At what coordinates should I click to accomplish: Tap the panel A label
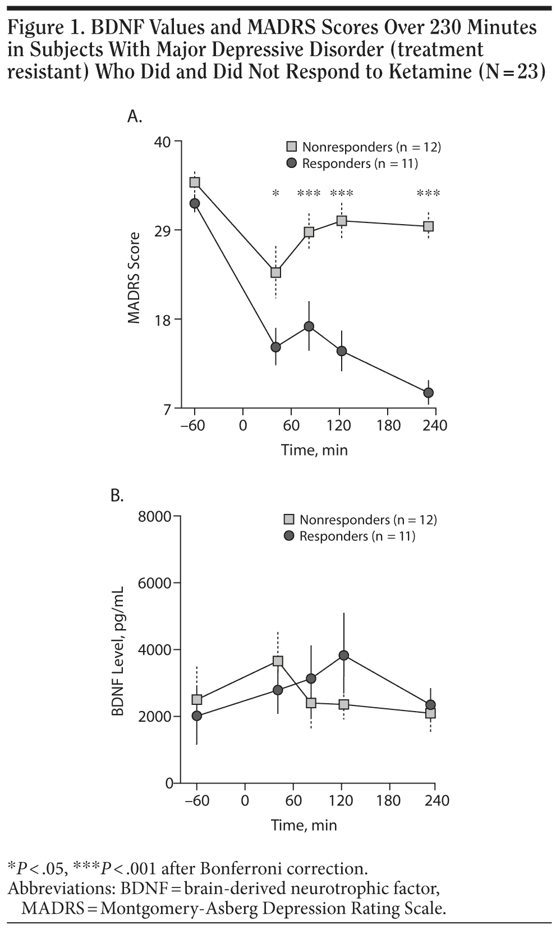click(x=135, y=116)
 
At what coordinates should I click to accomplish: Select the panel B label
click(x=117, y=495)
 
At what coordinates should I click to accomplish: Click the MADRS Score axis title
click(x=134, y=278)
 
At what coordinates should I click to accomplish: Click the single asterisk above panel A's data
click(x=275, y=194)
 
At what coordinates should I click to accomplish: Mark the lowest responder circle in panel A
click(x=428, y=392)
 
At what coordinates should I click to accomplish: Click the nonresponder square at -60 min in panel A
click(x=195, y=182)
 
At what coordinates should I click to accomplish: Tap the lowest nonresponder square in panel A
click(x=275, y=272)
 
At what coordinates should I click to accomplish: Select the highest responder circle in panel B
click(x=344, y=655)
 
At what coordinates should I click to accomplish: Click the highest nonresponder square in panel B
click(x=278, y=661)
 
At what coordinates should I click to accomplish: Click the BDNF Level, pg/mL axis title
click(x=117, y=649)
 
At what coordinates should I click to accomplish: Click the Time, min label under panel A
click(x=314, y=450)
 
